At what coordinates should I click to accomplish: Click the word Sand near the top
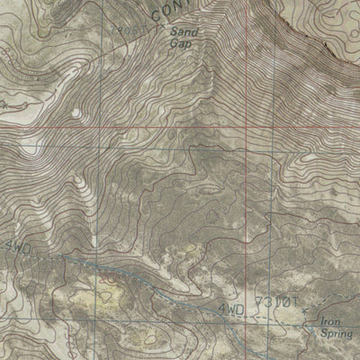183,31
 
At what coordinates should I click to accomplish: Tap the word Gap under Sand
183,41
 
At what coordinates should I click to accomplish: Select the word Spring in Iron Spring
335,332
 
